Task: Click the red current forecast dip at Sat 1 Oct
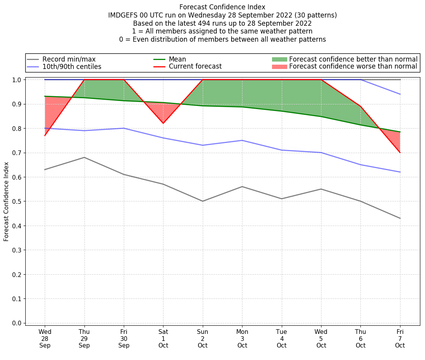tap(163, 124)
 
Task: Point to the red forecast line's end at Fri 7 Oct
tap(400, 152)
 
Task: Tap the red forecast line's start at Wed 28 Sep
tap(45, 135)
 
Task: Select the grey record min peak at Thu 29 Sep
tap(84, 157)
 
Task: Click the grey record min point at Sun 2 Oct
tap(203, 201)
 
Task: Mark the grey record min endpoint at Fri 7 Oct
tap(400, 218)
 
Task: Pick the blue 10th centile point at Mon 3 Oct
tap(242, 140)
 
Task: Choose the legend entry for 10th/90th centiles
tap(72, 67)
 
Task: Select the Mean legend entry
tap(177, 59)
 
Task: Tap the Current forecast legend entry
tap(195, 67)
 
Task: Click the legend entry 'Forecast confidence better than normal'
tap(353, 59)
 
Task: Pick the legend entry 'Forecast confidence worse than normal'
tap(353, 67)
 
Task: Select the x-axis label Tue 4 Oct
tap(281, 339)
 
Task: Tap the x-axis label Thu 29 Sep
tap(84, 339)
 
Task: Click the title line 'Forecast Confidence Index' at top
tap(222, 7)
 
